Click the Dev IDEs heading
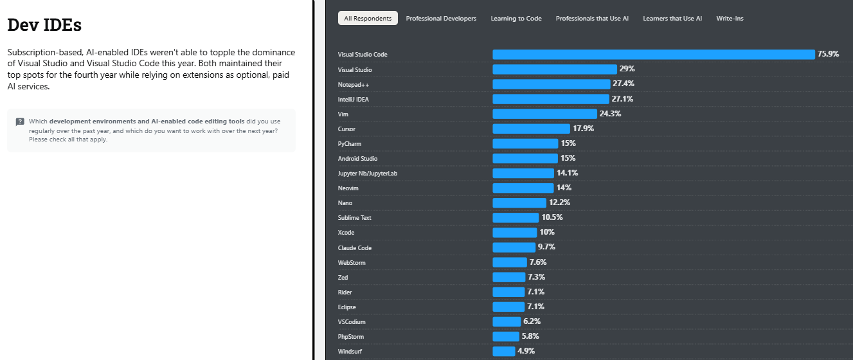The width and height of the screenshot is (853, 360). (44, 25)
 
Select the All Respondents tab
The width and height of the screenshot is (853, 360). (368, 19)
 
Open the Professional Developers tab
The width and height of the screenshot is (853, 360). (441, 19)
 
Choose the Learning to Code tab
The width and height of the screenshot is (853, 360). (516, 19)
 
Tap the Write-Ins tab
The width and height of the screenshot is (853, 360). (730, 19)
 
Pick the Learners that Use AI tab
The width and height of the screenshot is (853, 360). (672, 19)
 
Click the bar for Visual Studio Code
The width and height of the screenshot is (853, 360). (653, 55)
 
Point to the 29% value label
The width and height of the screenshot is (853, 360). (627, 69)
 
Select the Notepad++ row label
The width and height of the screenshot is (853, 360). (354, 84)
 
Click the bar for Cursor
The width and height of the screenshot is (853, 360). (531, 129)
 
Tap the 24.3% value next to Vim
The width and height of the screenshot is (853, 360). (610, 114)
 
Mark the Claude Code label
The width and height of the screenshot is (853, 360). (355, 248)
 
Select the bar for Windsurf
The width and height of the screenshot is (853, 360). (504, 351)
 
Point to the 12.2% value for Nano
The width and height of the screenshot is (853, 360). (559, 203)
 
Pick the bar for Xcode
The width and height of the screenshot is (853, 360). (514, 233)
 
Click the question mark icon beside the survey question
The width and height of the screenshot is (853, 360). (20, 122)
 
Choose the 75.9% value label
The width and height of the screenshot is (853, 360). (829, 54)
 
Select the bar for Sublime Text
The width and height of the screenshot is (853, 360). (516, 218)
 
